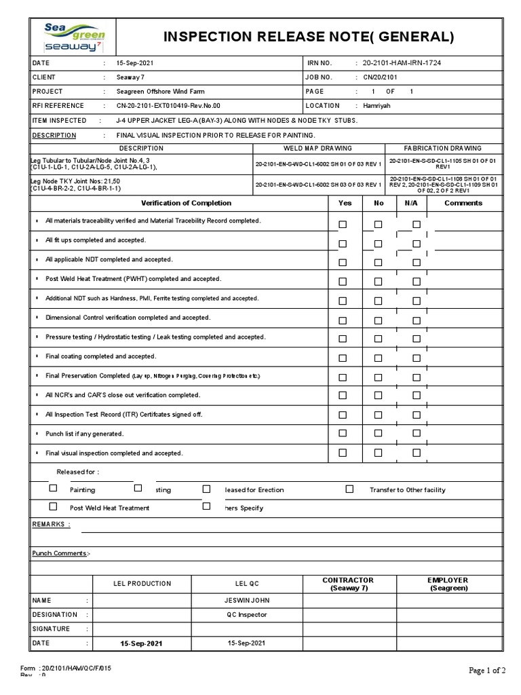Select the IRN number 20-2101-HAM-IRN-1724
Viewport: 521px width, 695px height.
(x=402, y=63)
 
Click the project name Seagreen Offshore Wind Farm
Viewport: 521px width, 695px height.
(x=160, y=92)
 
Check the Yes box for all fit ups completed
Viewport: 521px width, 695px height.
(x=343, y=244)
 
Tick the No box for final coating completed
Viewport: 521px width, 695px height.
(x=378, y=358)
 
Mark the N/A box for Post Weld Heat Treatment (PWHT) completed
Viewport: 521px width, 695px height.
(x=417, y=282)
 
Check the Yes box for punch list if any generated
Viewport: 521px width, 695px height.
(x=343, y=434)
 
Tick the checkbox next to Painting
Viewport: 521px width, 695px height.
(x=53, y=488)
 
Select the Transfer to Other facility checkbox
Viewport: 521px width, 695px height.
(x=349, y=488)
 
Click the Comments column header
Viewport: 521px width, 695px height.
(x=463, y=203)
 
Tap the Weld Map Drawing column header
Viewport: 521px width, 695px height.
(x=317, y=148)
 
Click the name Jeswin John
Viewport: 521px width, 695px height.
(x=247, y=601)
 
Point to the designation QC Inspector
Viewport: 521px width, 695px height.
(x=247, y=615)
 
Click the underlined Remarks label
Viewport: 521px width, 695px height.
(x=50, y=525)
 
